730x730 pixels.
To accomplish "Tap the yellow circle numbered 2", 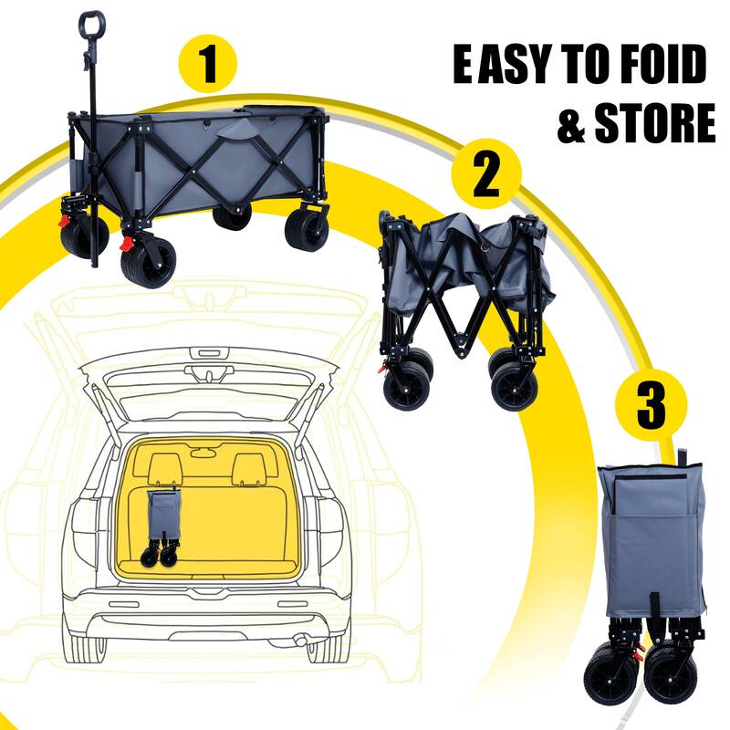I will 485,175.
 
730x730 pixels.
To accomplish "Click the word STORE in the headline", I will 654,124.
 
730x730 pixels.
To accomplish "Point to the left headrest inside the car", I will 162,468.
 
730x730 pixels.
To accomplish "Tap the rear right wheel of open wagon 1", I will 306,228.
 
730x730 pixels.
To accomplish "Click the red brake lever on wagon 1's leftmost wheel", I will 66,221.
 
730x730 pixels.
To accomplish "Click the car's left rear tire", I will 90,645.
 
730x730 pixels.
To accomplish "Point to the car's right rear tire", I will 325,645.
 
